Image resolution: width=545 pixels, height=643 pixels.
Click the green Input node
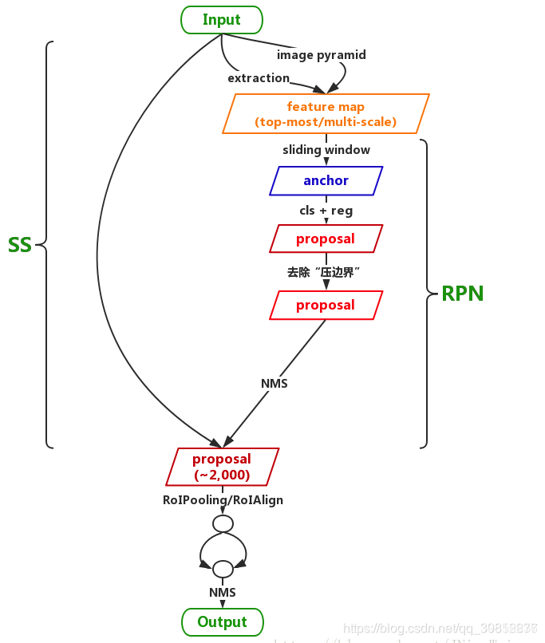(222, 20)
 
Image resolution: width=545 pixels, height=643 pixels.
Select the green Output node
(223, 621)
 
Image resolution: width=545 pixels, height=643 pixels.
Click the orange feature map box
(326, 114)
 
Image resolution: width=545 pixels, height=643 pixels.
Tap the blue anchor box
(326, 180)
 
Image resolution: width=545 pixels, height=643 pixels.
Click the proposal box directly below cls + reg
(326, 239)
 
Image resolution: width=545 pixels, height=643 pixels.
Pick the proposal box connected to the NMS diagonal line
(326, 305)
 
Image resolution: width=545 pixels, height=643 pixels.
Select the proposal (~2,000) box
(222, 467)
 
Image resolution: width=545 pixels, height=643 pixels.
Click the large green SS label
(20, 245)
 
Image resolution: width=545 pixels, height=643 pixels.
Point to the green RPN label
(463, 294)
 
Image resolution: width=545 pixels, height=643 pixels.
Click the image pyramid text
(321, 55)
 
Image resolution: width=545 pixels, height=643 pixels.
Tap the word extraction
(259, 78)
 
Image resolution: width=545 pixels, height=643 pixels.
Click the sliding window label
(326, 149)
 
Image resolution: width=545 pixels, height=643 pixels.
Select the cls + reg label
(326, 211)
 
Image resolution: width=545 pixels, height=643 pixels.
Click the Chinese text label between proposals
(326, 272)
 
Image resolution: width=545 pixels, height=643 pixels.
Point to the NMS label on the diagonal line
(274, 384)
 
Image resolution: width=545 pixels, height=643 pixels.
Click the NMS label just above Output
(223, 593)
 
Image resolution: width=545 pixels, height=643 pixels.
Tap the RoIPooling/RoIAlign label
(223, 500)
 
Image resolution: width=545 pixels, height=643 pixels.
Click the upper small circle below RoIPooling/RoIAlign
(223, 524)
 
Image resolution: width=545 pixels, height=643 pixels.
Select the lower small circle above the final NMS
(223, 569)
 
